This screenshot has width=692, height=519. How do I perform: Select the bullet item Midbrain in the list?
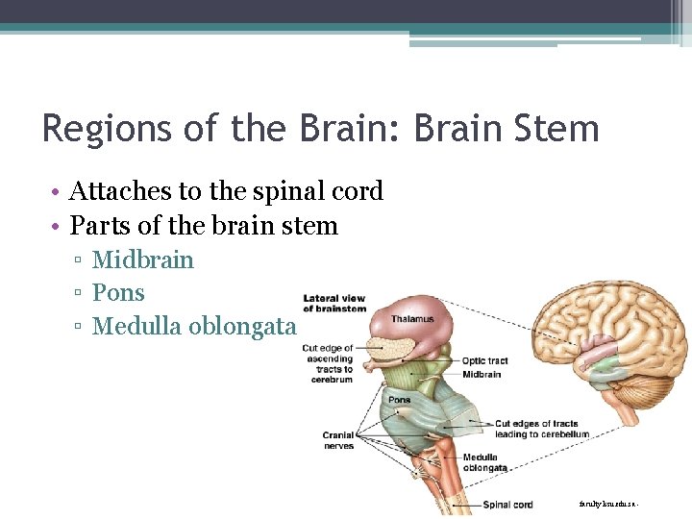coord(142,259)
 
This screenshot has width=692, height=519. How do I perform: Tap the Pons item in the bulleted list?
coord(117,292)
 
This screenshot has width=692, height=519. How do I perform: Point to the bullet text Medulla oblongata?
coord(193,326)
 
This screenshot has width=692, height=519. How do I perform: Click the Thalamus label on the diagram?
coord(412,319)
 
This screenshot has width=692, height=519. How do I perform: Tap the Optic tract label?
coord(484,361)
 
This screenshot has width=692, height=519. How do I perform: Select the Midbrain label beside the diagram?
coord(482,374)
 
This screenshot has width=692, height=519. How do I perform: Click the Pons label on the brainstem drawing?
coord(399,400)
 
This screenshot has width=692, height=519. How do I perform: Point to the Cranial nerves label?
coord(338,440)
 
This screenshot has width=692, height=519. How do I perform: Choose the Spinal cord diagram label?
coord(507,505)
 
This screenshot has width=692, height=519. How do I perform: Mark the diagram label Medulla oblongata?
coord(480,462)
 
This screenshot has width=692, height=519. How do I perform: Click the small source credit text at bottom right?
coord(608,503)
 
